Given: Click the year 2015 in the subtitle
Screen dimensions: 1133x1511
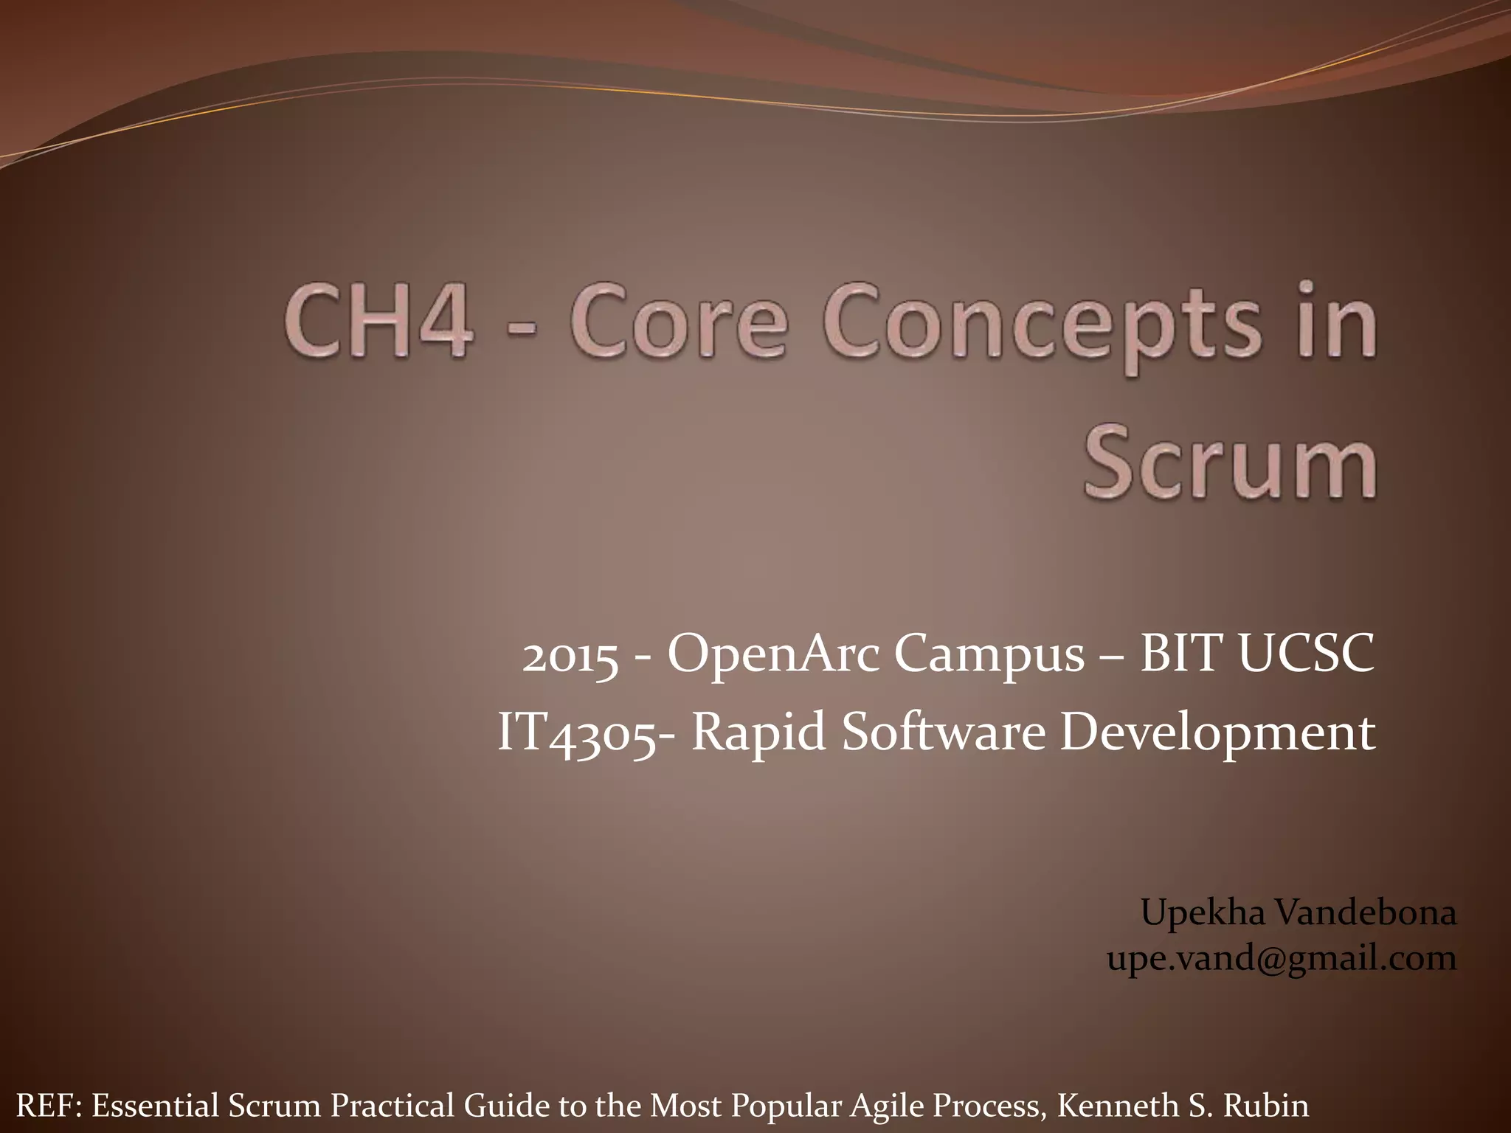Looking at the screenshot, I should coord(570,656).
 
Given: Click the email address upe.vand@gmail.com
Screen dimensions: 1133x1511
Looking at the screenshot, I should coord(1282,959).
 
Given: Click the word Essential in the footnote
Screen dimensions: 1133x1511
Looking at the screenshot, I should coord(156,1106).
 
